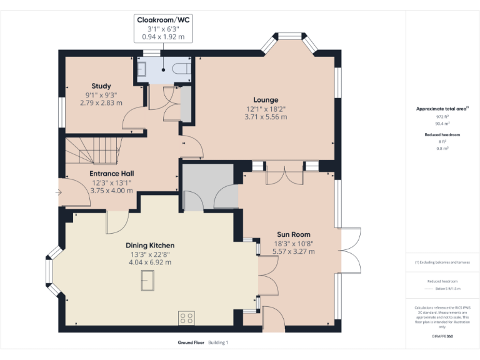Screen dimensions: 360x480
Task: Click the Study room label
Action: pyautogui.click(x=101, y=86)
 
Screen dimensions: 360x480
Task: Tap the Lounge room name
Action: pyautogui.click(x=266, y=100)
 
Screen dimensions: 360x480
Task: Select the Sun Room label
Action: pyautogui.click(x=293, y=235)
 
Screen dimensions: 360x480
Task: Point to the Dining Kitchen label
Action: pyautogui.click(x=150, y=246)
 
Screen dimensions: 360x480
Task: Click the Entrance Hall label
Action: pyautogui.click(x=112, y=174)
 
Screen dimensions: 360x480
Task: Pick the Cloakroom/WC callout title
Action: pyautogui.click(x=164, y=20)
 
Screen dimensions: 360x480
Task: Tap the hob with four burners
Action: pyautogui.click(x=186, y=318)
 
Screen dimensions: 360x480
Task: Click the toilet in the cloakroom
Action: pyautogui.click(x=182, y=68)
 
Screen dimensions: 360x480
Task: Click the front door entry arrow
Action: pyautogui.click(x=59, y=192)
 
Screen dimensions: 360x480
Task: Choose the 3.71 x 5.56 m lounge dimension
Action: pyautogui.click(x=266, y=117)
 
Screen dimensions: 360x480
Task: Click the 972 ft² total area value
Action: pyautogui.click(x=442, y=117)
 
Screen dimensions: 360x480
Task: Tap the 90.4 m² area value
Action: pyautogui.click(x=442, y=124)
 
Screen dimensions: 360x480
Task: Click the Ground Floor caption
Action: pyautogui.click(x=190, y=342)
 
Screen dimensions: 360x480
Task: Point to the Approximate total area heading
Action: pyautogui.click(x=441, y=109)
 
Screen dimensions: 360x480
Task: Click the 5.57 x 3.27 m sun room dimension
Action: pyautogui.click(x=293, y=252)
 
